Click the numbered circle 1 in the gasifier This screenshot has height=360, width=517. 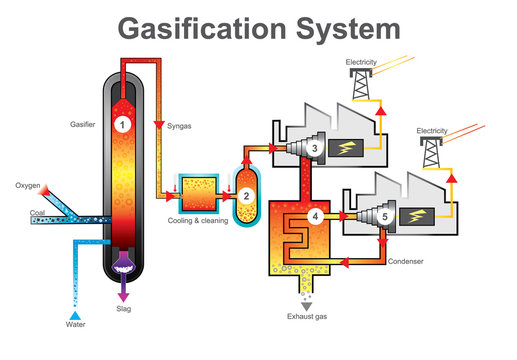122,124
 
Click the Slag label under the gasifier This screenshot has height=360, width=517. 123,309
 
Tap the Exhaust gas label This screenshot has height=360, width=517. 307,318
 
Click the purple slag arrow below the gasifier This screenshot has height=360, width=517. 123,291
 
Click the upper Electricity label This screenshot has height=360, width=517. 362,63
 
